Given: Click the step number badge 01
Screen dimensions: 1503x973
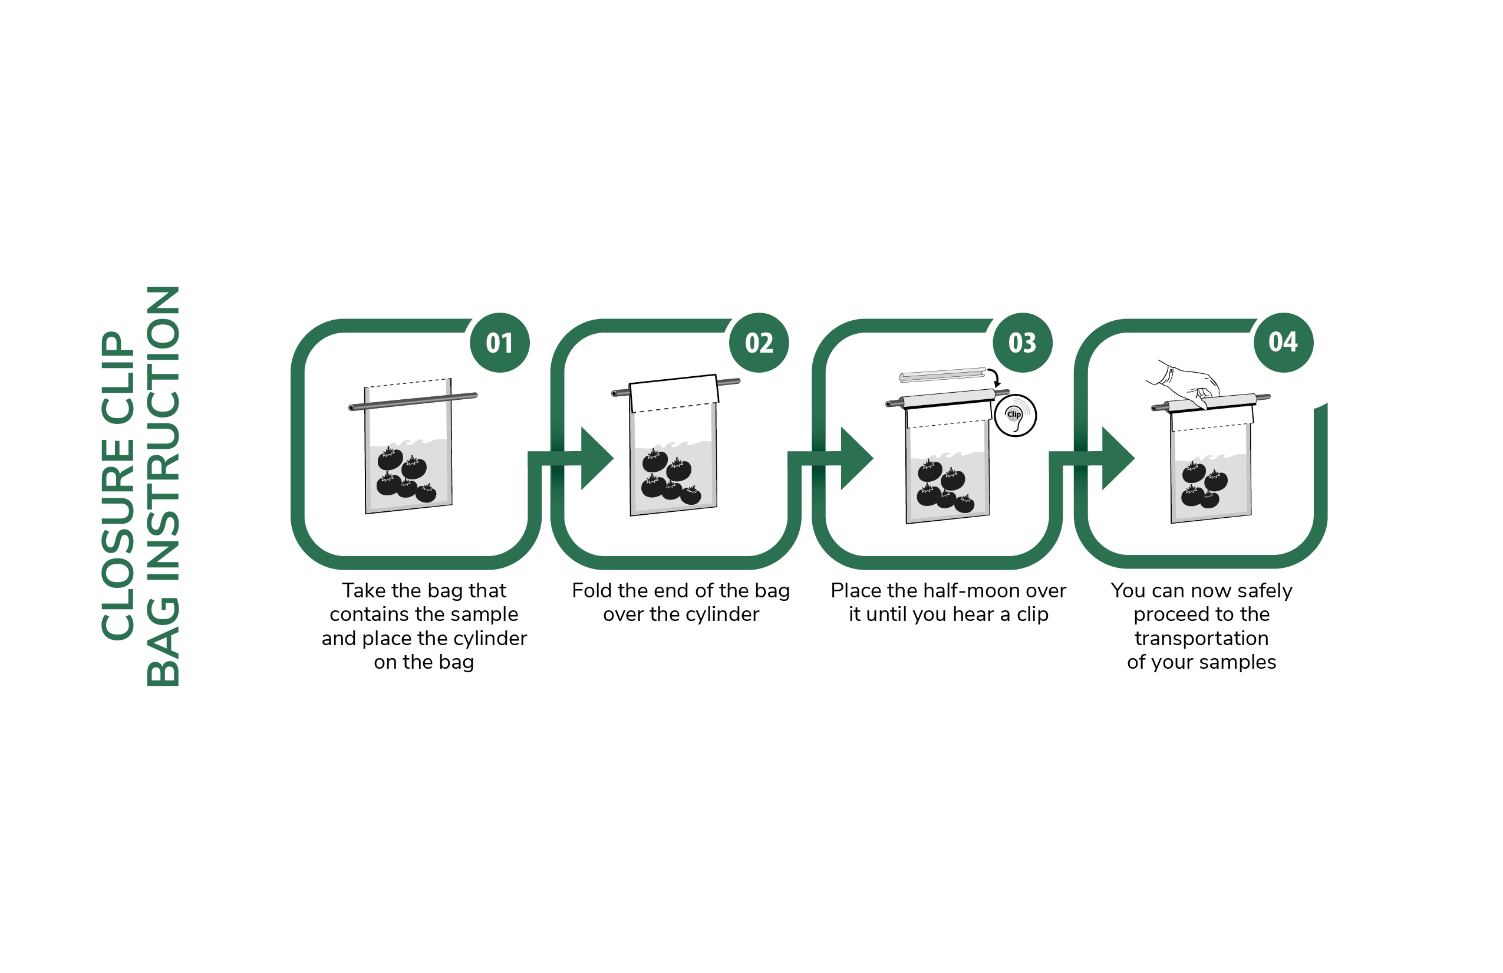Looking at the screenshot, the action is point(500,343).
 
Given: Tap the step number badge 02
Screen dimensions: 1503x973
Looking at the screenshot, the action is point(759,343).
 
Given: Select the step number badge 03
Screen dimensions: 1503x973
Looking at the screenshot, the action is point(1023,343).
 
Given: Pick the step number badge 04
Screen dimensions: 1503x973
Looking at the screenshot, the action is point(1283,343).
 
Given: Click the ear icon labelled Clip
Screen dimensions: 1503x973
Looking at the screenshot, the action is point(1016,416).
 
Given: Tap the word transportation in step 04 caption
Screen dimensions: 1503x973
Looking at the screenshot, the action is point(1201,638).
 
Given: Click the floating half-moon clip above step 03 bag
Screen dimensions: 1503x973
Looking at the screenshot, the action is point(942,374).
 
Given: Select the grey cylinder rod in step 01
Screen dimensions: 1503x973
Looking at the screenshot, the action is point(413,402).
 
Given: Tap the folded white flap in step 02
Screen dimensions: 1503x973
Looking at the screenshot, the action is point(674,393).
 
